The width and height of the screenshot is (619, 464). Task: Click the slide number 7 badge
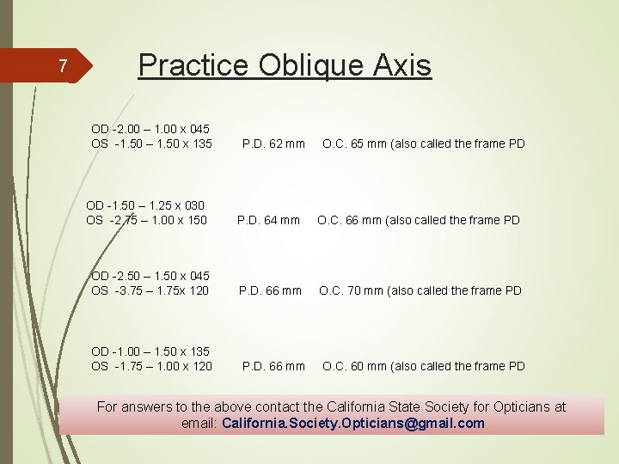pyautogui.click(x=62, y=65)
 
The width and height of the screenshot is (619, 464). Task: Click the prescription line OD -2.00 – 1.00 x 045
pyautogui.click(x=150, y=129)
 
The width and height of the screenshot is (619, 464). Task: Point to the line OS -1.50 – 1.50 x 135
pyautogui.click(x=151, y=143)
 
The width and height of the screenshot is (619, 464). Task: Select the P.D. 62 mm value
pyautogui.click(x=273, y=143)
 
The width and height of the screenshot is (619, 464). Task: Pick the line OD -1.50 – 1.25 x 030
pyautogui.click(x=145, y=205)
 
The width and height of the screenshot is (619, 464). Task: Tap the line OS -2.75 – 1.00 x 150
pyautogui.click(x=146, y=220)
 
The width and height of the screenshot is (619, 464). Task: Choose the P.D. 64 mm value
pyautogui.click(x=268, y=220)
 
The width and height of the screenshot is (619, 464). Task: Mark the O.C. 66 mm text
pyautogui.click(x=346, y=220)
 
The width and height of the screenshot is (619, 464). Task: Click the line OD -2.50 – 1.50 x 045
pyautogui.click(x=150, y=276)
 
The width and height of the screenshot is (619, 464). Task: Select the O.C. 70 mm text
pyautogui.click(x=347, y=290)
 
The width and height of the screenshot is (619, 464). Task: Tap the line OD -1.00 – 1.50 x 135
pyautogui.click(x=150, y=351)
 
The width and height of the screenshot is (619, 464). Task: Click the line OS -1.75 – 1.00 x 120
pyautogui.click(x=151, y=366)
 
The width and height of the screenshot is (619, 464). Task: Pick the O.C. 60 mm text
pyautogui.click(x=351, y=366)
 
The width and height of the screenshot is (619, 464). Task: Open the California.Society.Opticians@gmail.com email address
pyautogui.click(x=353, y=423)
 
